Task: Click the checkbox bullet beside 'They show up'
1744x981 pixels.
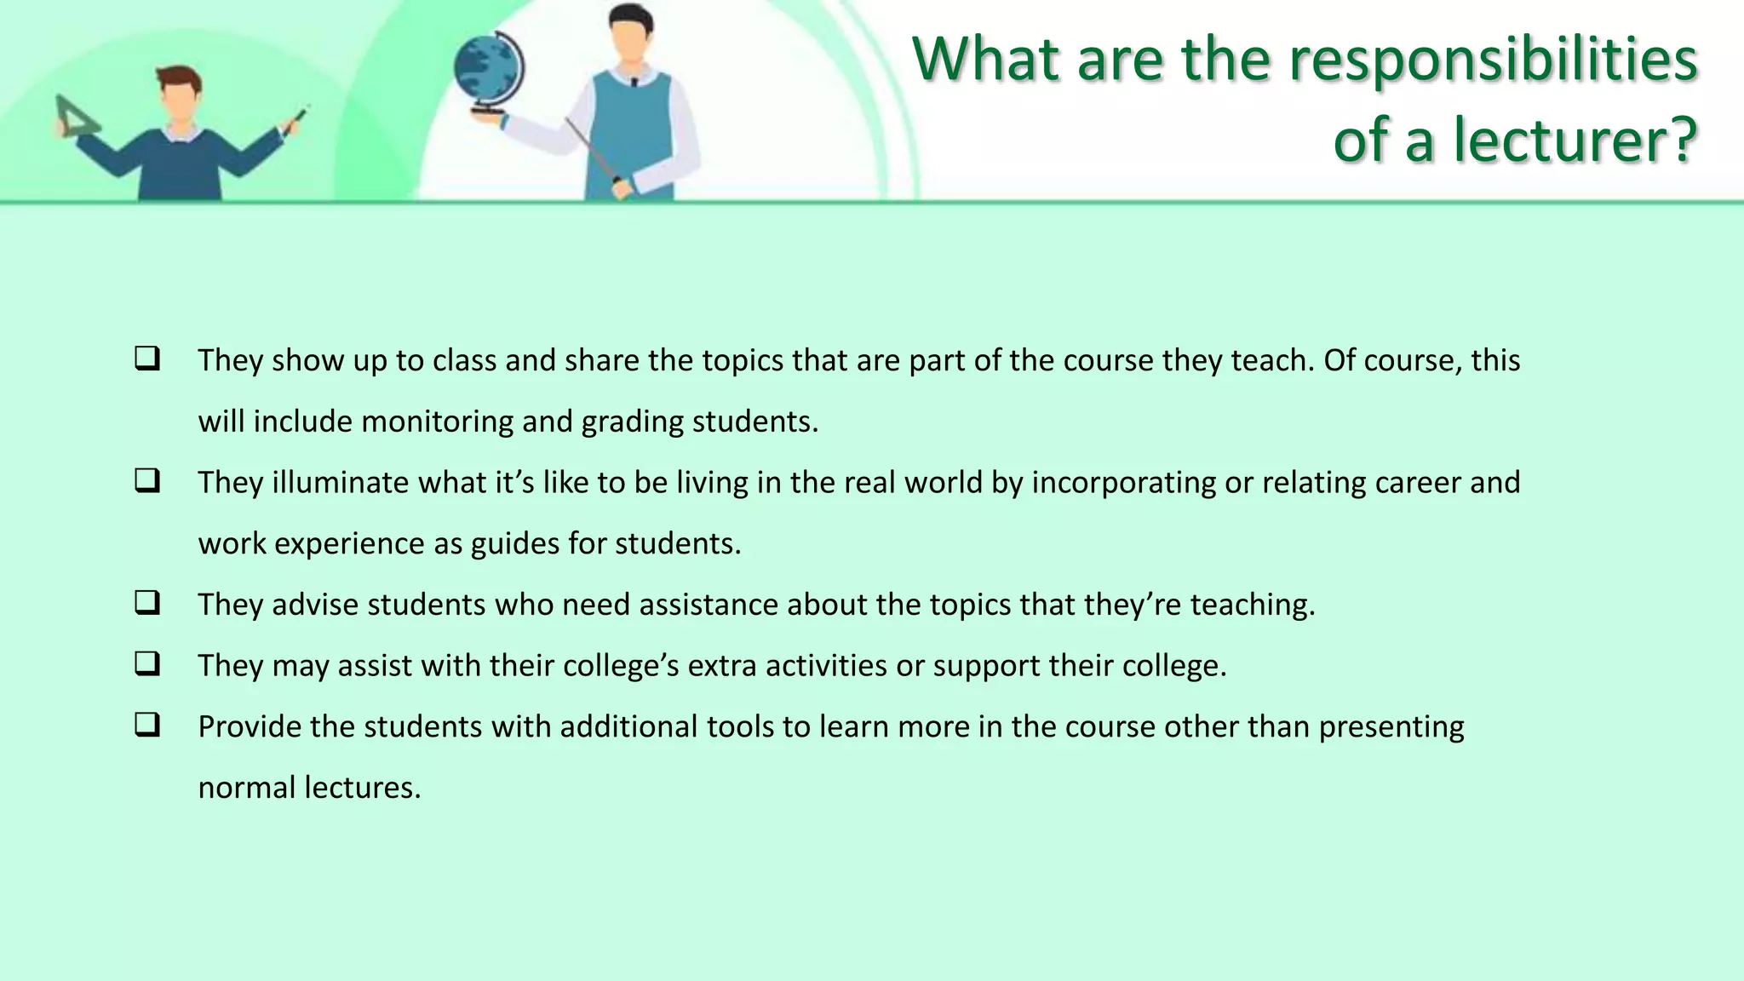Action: coord(147,359)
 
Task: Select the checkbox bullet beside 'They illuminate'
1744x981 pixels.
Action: coord(147,481)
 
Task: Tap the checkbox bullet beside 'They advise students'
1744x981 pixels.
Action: coord(147,603)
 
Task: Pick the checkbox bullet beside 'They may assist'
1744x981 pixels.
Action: coord(147,664)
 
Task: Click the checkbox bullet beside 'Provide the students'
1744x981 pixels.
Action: coord(147,726)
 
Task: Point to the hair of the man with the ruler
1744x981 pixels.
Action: coord(180,78)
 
